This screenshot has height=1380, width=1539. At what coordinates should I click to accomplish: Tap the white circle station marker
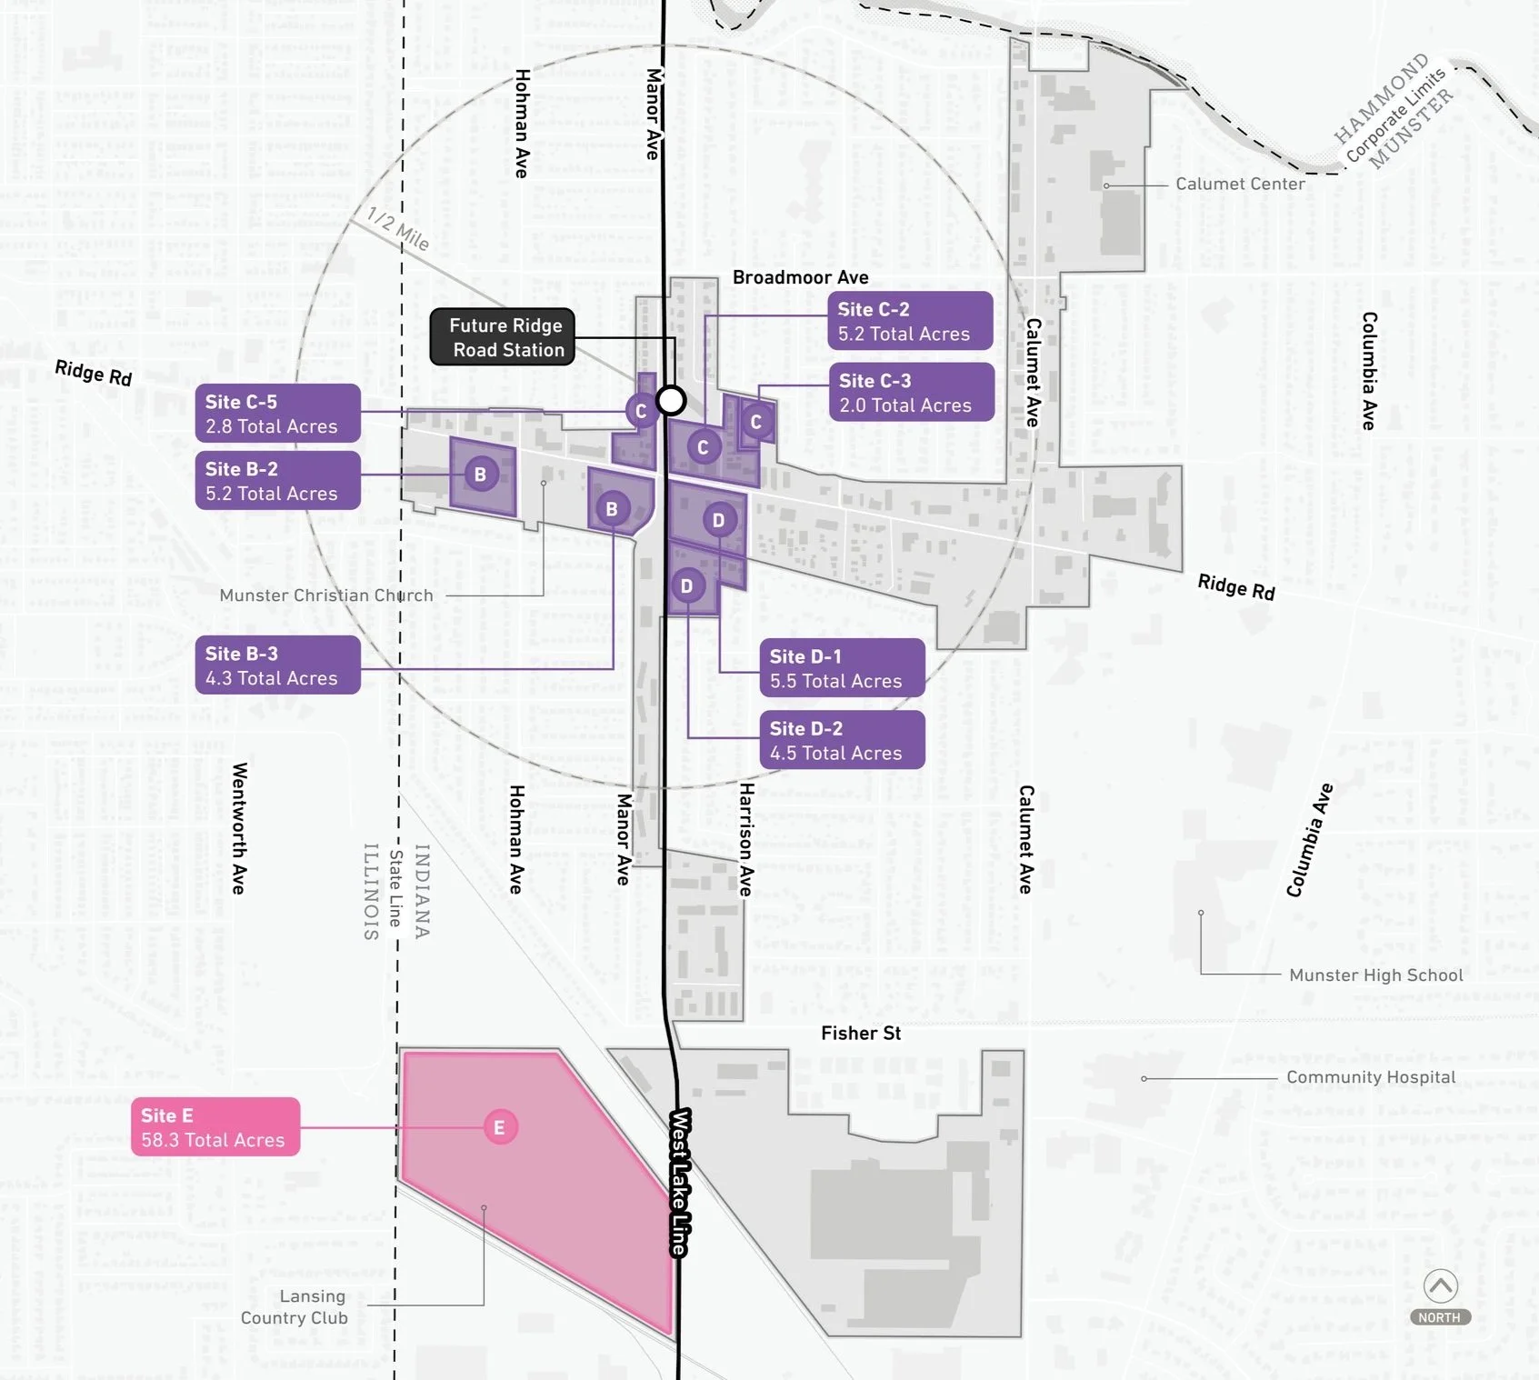(x=671, y=400)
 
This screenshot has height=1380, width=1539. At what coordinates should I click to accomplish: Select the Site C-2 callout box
(x=910, y=321)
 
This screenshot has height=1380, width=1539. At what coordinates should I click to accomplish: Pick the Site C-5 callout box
(x=277, y=414)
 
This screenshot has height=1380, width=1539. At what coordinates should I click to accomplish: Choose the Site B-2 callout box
(x=277, y=481)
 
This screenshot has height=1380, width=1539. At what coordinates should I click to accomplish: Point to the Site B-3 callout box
(x=277, y=665)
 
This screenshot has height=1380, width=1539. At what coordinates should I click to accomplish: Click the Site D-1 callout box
(x=842, y=668)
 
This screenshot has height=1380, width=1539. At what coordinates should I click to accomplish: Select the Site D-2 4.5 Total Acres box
(x=842, y=740)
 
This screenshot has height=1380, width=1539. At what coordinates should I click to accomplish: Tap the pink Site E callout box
(x=215, y=1127)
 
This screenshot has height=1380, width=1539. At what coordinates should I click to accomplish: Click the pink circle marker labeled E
(x=499, y=1127)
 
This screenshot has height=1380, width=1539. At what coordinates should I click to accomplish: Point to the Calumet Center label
(x=1240, y=184)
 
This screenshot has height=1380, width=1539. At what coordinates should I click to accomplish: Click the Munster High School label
(x=1375, y=975)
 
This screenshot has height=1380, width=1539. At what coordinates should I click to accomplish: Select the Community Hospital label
(x=1371, y=1077)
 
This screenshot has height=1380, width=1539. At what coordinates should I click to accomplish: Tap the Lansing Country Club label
(x=295, y=1307)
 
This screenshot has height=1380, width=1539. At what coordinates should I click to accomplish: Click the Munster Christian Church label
(x=326, y=595)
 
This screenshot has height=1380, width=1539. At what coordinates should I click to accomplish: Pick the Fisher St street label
(x=861, y=1033)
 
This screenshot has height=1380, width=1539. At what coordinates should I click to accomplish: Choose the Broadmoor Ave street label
(x=800, y=277)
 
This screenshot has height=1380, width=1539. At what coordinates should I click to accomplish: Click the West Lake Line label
(x=679, y=1182)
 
